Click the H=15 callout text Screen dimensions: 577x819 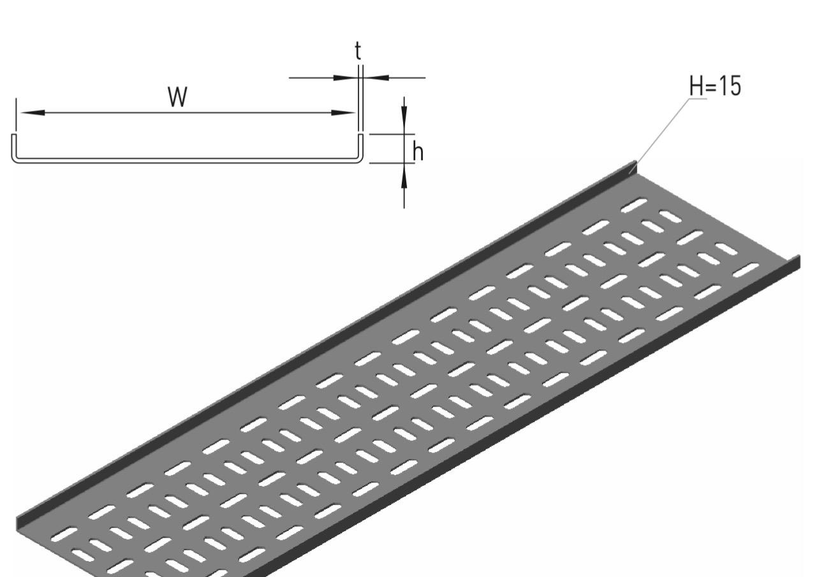(x=716, y=87)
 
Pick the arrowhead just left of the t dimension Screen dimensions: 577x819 (x=346, y=78)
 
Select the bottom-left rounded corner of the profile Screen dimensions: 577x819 (x=16, y=159)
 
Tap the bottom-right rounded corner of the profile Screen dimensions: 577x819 (x=358, y=159)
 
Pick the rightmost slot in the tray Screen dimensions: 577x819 (x=746, y=271)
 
